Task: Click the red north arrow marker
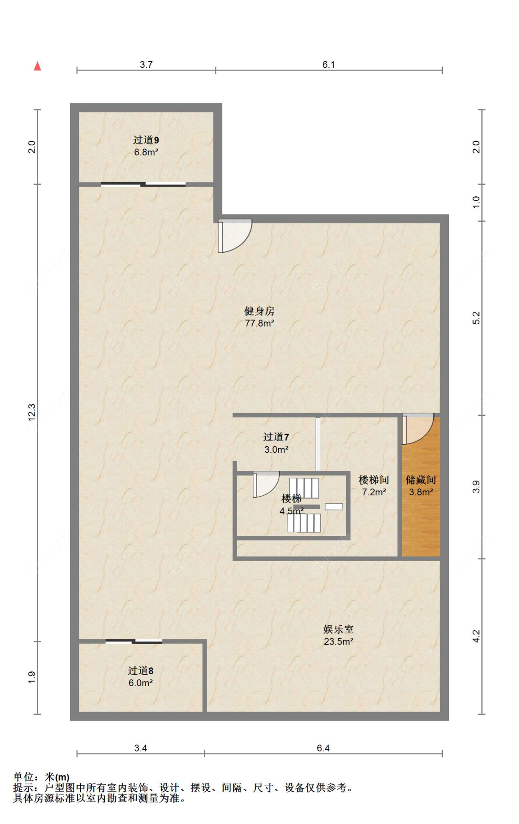37,66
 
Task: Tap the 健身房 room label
259,311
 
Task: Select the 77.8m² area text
259,323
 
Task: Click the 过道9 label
146,140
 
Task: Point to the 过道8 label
141,671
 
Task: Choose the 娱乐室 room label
339,629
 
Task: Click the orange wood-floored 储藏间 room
421,486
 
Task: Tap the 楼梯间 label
374,480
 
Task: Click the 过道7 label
276,437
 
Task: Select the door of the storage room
418,429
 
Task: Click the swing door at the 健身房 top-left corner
235,236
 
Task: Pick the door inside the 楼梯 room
266,485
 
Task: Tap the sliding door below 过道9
143,184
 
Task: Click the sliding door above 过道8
134,641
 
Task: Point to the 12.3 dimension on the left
31,412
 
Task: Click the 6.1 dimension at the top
328,65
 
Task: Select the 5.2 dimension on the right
476,318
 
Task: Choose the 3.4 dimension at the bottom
140,748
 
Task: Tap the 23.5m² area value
339,641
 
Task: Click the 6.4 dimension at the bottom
323,748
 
